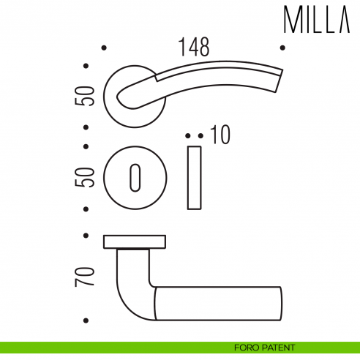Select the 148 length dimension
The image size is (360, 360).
[194, 48]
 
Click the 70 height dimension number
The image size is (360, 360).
[86, 276]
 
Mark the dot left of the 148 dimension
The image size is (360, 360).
[104, 48]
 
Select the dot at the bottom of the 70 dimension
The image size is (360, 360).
[86, 320]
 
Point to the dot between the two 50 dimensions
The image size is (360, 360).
[86, 145]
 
